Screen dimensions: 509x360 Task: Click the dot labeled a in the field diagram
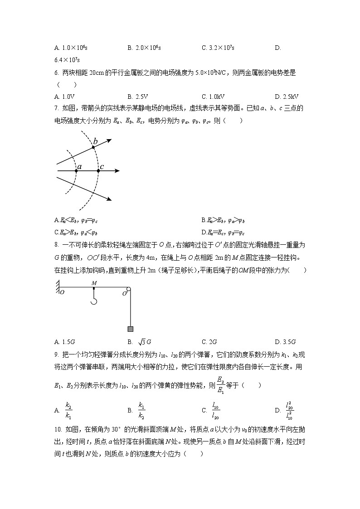click(76, 171)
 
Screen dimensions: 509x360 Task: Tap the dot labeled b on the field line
click(93, 147)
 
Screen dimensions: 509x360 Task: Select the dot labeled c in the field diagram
click(98, 171)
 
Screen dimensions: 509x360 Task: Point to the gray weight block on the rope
click(130, 329)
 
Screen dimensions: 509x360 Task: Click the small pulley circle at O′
click(129, 289)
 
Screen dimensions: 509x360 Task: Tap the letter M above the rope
click(94, 283)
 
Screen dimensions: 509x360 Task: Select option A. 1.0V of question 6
click(64, 97)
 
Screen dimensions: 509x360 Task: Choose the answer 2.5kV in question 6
click(286, 97)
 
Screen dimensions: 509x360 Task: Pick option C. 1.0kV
click(213, 97)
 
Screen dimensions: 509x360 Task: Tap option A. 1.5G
click(64, 342)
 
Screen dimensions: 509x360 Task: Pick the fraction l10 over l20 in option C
click(216, 410)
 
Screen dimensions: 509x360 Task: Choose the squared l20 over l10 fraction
click(289, 410)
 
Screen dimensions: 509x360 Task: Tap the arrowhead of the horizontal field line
click(117, 171)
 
